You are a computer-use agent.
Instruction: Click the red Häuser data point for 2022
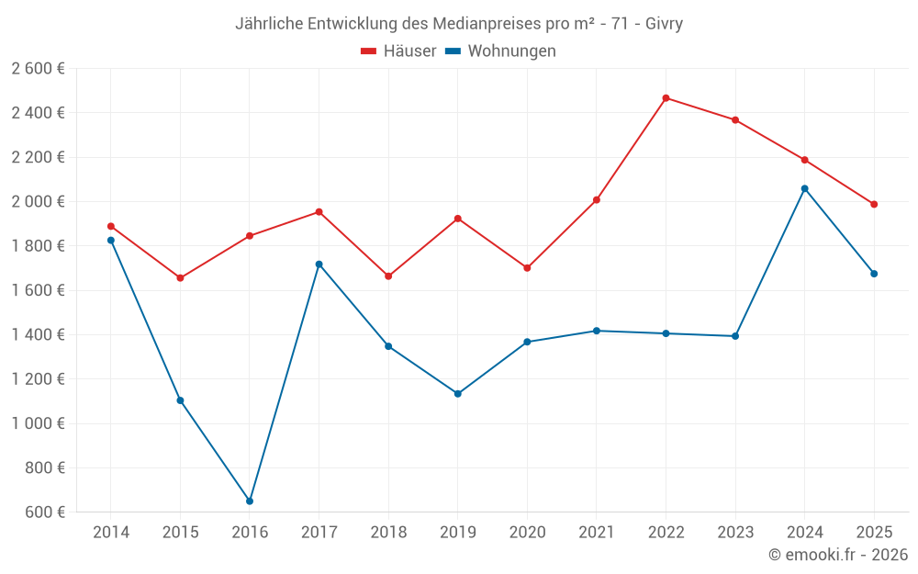(x=666, y=98)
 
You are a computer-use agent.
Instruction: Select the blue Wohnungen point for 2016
(x=250, y=501)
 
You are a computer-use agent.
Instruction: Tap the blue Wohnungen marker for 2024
(x=805, y=188)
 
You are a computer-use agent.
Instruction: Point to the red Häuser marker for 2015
(x=180, y=278)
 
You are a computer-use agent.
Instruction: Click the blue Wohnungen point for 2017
(x=319, y=264)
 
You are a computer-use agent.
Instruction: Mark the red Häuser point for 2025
(x=874, y=204)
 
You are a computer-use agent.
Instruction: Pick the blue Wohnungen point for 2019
(x=458, y=394)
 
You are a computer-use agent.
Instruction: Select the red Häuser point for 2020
(x=527, y=268)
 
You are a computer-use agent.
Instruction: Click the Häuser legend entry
(x=398, y=51)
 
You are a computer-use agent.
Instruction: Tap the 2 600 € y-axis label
(x=39, y=68)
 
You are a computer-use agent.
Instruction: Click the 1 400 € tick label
(x=39, y=334)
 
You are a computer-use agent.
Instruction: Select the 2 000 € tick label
(x=39, y=201)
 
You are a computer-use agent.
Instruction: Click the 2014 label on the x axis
(x=111, y=532)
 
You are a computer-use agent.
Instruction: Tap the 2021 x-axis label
(x=597, y=532)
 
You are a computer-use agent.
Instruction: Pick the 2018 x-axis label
(x=388, y=532)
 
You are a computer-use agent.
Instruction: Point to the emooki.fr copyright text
(x=838, y=555)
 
